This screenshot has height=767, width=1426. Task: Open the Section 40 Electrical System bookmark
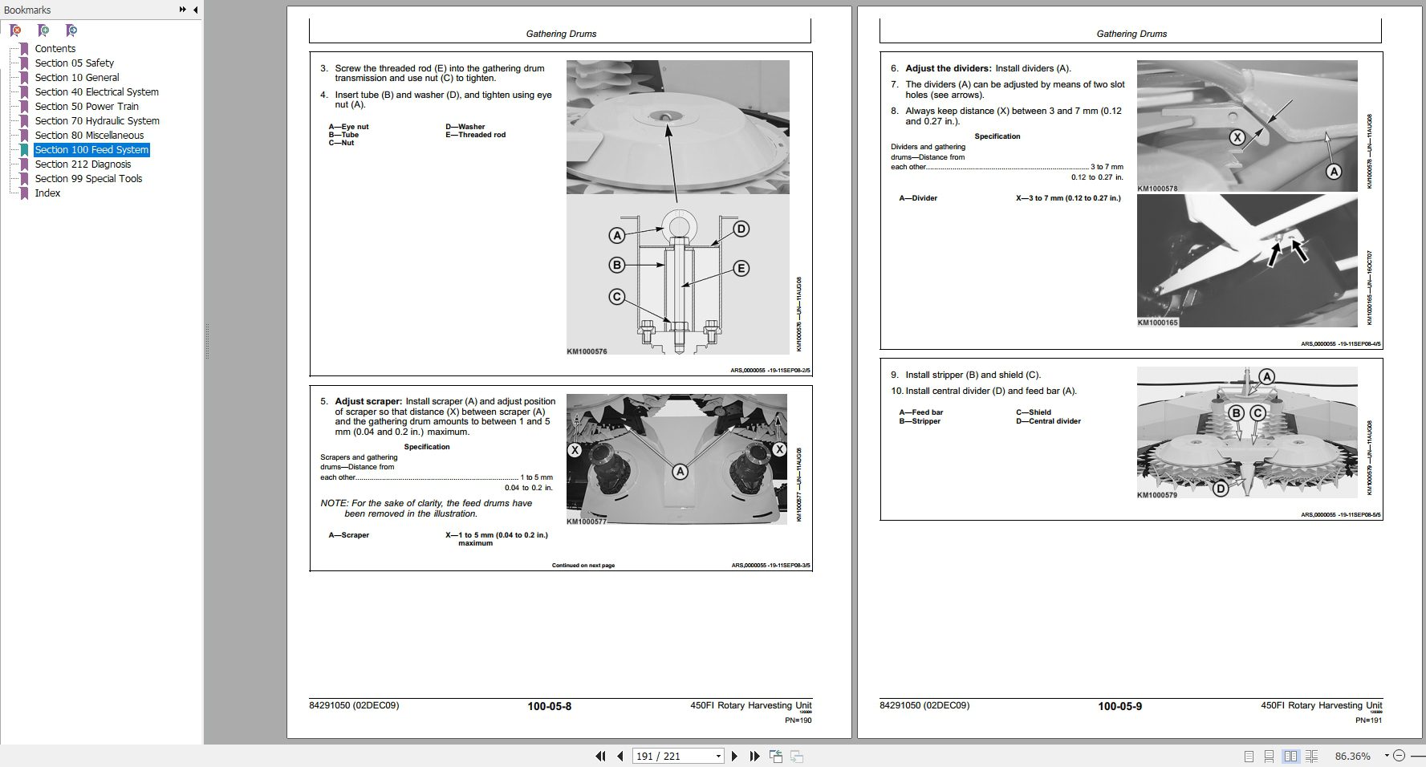click(x=96, y=92)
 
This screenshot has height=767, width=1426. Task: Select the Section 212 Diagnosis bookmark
click(x=83, y=164)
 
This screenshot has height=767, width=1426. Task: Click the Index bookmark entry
click(x=47, y=193)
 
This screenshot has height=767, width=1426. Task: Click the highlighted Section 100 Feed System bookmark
click(x=91, y=150)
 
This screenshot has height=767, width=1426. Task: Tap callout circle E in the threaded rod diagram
click(x=741, y=269)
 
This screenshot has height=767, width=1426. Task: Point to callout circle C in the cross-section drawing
click(x=616, y=297)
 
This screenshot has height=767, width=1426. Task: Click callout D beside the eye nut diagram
click(x=741, y=229)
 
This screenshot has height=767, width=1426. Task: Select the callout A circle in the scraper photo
click(x=680, y=472)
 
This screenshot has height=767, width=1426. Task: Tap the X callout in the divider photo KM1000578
click(x=1237, y=137)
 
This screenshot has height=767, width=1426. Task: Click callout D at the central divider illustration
click(x=1220, y=488)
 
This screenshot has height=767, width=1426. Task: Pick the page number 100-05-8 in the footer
click(x=549, y=707)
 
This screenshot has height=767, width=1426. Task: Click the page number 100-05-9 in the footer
click(x=1119, y=707)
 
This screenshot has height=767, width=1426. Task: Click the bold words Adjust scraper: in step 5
click(x=368, y=402)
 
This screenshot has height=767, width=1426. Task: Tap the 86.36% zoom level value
click(x=1352, y=756)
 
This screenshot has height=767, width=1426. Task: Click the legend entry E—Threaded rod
click(x=475, y=135)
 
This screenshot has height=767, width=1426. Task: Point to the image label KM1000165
click(x=1157, y=323)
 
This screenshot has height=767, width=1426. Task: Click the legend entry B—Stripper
click(x=920, y=421)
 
